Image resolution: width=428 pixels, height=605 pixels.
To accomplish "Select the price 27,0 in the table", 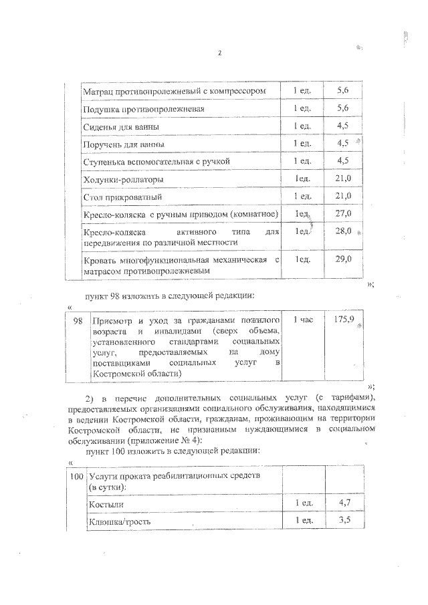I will coord(344,213).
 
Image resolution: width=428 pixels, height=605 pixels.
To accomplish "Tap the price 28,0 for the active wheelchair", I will coord(344,231).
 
